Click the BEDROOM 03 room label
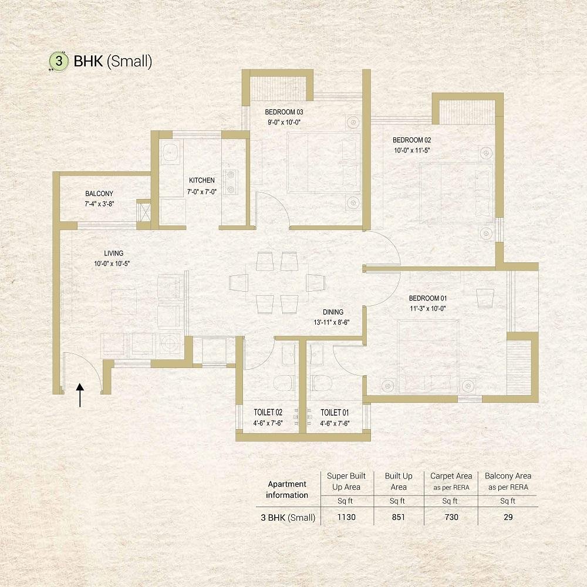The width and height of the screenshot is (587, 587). pyautogui.click(x=284, y=112)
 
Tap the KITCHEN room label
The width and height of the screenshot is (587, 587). pyautogui.click(x=202, y=180)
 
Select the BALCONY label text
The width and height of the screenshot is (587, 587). pyautogui.click(x=99, y=194)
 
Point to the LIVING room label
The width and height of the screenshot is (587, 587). pyautogui.click(x=114, y=254)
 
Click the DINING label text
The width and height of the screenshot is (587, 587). pyautogui.click(x=333, y=312)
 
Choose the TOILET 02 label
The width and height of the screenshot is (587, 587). pyautogui.click(x=268, y=413)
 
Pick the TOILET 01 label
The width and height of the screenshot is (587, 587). pyautogui.click(x=335, y=413)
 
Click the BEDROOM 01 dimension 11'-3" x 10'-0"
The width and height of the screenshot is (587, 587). pyautogui.click(x=427, y=309)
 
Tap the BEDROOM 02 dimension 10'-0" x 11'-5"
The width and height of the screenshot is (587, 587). pyautogui.click(x=412, y=150)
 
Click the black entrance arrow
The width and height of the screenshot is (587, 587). pyautogui.click(x=80, y=395)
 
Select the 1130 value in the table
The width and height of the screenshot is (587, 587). pyautogui.click(x=346, y=517)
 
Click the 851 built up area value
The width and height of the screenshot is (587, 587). pyautogui.click(x=399, y=517)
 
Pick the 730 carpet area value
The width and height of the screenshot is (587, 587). pyautogui.click(x=451, y=517)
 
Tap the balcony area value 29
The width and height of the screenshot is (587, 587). pyautogui.click(x=508, y=517)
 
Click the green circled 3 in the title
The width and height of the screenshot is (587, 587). pyautogui.click(x=59, y=61)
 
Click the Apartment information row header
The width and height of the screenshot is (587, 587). pyautogui.click(x=287, y=490)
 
